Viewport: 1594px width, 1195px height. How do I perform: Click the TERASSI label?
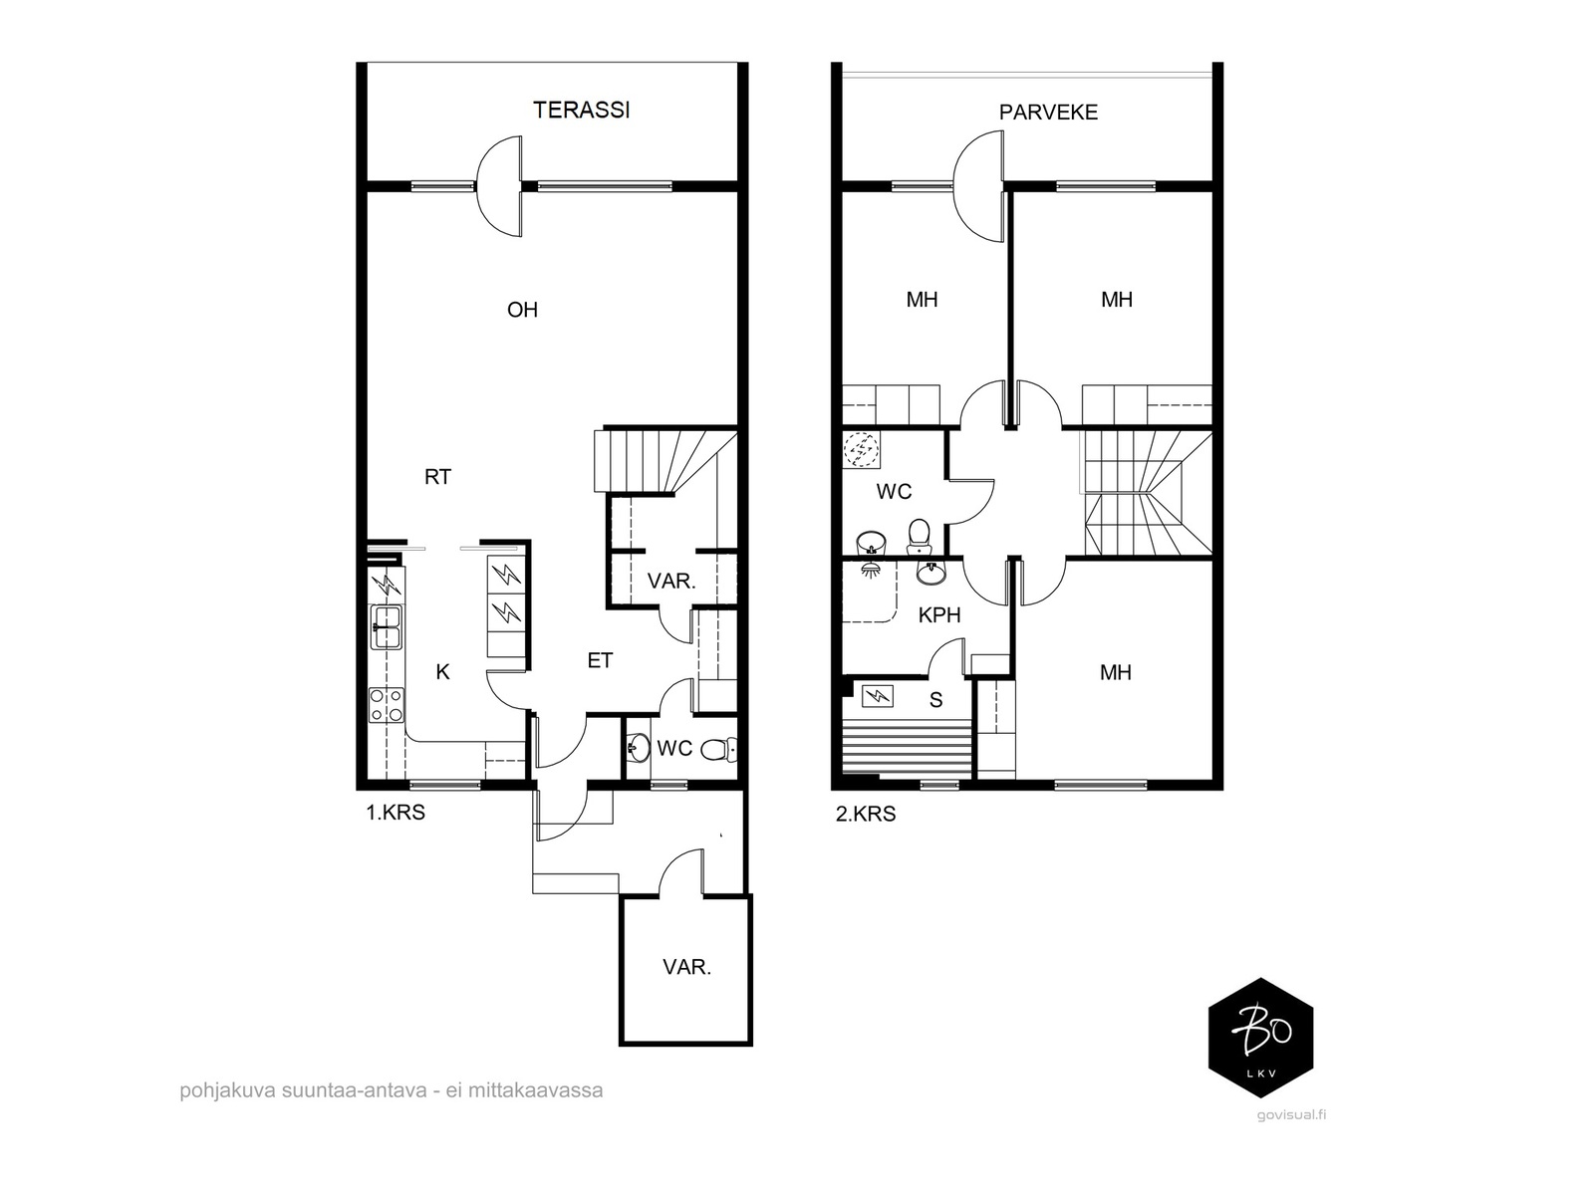click(581, 111)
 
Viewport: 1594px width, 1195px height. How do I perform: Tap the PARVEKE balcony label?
click(1048, 113)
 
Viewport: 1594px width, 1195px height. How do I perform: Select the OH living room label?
click(522, 311)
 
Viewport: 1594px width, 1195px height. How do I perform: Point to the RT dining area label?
click(438, 477)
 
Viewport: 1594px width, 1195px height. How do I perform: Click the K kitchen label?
click(442, 672)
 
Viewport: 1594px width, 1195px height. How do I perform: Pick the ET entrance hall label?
click(600, 661)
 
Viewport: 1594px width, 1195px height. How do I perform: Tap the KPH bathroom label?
click(939, 615)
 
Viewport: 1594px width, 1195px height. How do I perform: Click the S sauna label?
click(936, 700)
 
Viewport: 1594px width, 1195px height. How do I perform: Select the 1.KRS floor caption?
click(396, 813)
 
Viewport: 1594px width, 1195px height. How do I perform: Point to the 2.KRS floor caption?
click(866, 814)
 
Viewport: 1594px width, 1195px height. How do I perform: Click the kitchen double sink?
click(388, 627)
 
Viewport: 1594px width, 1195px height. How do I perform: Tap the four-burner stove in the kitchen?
click(387, 704)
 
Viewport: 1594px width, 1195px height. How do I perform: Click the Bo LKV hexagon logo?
click(1260, 1038)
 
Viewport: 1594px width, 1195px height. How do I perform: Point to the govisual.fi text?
click(1291, 1115)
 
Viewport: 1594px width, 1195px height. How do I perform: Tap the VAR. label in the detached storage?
click(686, 967)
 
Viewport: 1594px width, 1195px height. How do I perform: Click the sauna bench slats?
click(907, 747)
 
